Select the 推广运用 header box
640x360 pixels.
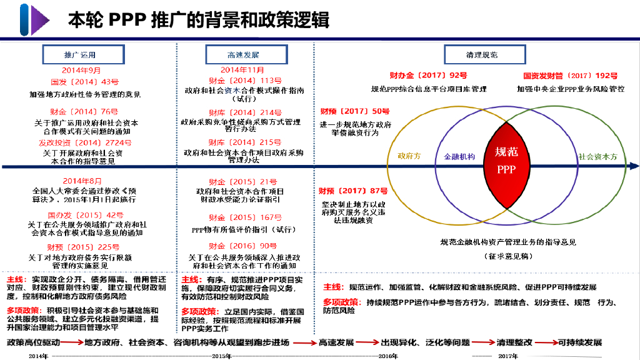pos(80,54)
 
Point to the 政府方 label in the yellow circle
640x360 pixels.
pos(409,156)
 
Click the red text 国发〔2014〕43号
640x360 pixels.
pos(84,82)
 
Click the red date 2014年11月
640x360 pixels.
pos(242,70)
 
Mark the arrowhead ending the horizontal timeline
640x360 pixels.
pos(634,166)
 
